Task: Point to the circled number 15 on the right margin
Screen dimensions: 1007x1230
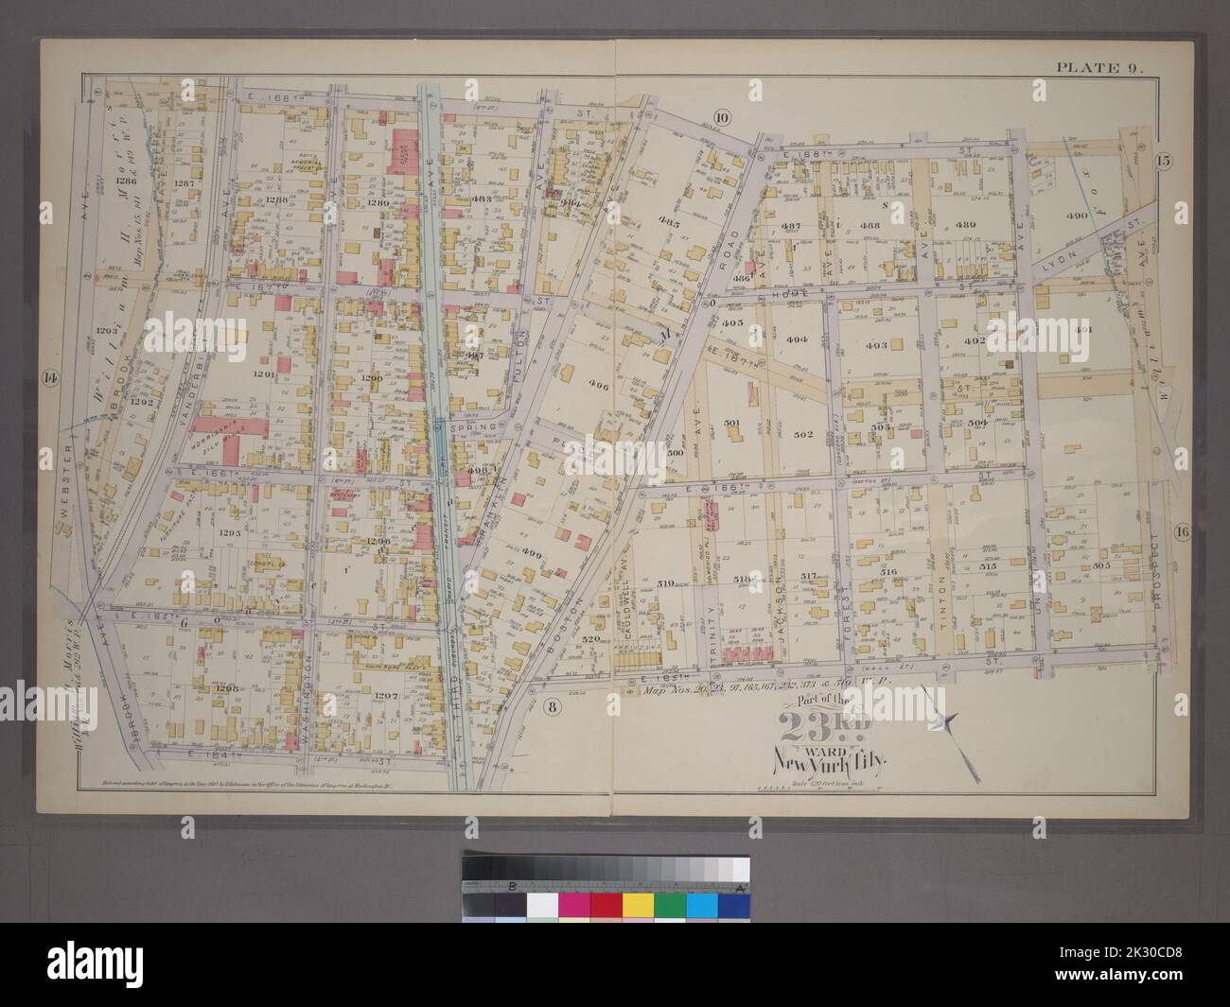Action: point(1163,161)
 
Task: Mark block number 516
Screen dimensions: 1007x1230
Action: point(887,572)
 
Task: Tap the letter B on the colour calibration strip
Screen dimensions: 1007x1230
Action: point(512,886)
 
